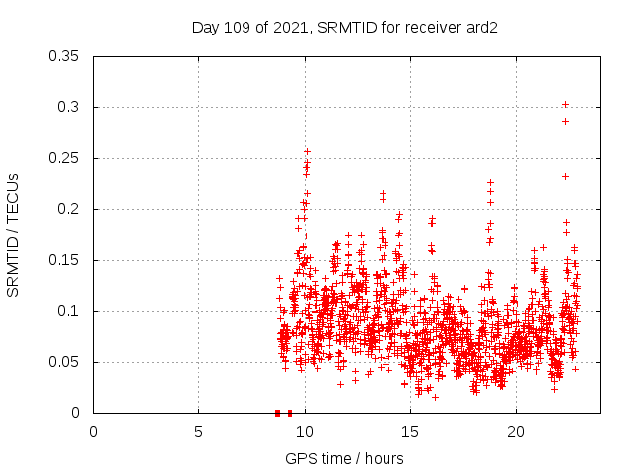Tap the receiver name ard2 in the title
tap(481, 28)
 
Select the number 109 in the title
tap(235, 28)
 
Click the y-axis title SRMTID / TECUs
tap(14, 235)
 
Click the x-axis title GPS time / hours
tap(344, 458)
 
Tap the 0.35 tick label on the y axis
tap(65, 56)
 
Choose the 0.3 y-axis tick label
tap(69, 107)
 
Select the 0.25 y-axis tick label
tap(65, 158)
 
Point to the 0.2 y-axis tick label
tap(69, 209)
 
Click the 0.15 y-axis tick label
tap(65, 260)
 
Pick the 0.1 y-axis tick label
tap(69, 311)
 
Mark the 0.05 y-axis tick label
tap(65, 362)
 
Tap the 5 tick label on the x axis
tap(198, 431)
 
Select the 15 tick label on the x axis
tap(409, 431)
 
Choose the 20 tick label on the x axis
tap(515, 431)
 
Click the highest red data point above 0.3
tap(565, 104)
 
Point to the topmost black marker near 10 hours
tap(307, 151)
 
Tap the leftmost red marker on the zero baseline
tap(277, 413)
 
